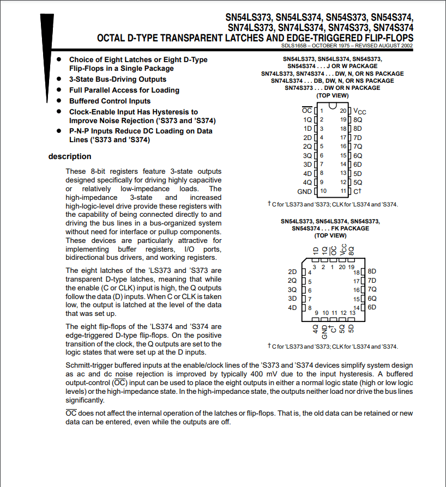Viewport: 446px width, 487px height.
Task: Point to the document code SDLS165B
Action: (298, 45)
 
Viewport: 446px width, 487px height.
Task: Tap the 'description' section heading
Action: (70, 156)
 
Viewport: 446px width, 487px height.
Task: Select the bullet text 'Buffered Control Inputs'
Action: (110, 101)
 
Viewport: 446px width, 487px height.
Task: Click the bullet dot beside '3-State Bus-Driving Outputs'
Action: (59, 79)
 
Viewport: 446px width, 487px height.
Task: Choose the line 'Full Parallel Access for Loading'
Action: (124, 90)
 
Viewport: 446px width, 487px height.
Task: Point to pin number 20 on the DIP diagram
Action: (343, 111)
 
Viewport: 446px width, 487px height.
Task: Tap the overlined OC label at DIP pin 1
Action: (307, 111)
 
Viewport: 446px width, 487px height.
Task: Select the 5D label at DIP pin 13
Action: (358, 173)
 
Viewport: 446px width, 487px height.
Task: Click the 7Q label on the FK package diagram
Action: (372, 289)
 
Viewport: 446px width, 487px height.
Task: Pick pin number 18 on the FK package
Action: (357, 272)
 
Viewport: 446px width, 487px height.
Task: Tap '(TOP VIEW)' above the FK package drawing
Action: (330, 235)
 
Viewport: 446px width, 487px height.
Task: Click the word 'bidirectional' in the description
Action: (86, 257)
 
